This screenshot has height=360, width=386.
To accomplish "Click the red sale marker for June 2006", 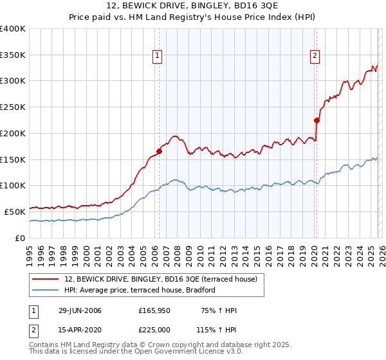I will (159, 151).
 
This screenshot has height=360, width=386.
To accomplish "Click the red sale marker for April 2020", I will (316, 120).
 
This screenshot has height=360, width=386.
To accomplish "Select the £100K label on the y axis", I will (13, 185).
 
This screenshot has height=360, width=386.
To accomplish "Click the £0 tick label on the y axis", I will (19, 237).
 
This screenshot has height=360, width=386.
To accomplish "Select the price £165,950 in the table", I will (155, 310).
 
